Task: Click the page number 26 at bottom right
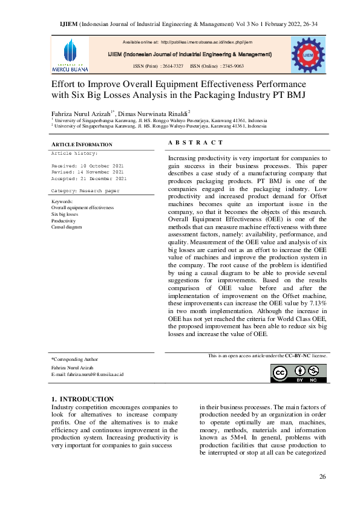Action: coord(322,477)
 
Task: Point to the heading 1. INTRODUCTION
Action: coord(82,399)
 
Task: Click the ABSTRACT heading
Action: coord(195,143)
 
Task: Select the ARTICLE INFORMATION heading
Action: coord(82,144)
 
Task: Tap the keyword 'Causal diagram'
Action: coord(67,227)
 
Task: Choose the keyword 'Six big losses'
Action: coord(65,214)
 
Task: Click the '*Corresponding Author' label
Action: coord(74,359)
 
